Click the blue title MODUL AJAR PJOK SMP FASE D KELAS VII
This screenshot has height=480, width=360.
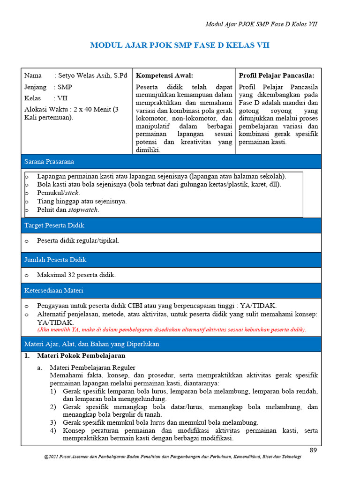click(x=180, y=45)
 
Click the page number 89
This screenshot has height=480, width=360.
click(x=314, y=450)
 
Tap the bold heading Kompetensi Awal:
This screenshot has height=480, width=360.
click(x=164, y=75)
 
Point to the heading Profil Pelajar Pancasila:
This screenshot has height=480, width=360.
click(x=277, y=75)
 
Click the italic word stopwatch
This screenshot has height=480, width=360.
click(x=83, y=210)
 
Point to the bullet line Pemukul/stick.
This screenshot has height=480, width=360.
click(x=59, y=193)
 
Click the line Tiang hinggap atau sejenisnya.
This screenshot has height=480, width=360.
click(x=82, y=201)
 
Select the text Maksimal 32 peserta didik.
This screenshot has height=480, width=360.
click(x=76, y=275)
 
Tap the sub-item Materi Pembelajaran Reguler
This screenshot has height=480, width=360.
click(x=92, y=367)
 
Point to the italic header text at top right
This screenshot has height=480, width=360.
click(x=262, y=24)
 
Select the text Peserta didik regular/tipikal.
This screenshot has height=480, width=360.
click(x=78, y=240)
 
